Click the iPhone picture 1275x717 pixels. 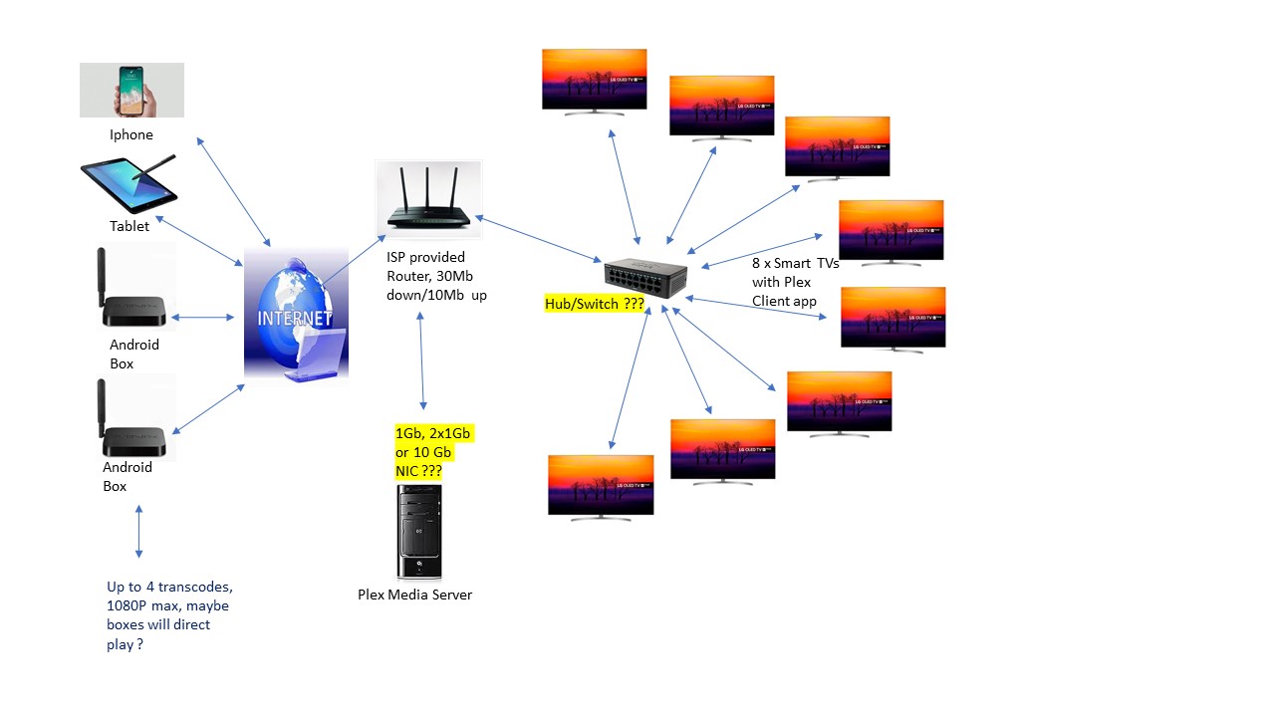tap(131, 90)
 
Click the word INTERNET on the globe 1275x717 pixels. tap(296, 320)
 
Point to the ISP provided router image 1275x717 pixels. tap(428, 200)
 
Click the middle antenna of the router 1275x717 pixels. tap(428, 189)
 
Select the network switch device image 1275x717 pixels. tap(645, 280)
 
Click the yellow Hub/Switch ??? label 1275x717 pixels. tap(595, 305)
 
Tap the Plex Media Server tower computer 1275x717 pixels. tap(419, 532)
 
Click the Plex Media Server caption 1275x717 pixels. tap(414, 595)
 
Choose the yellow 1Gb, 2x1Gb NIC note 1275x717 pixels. tap(432, 452)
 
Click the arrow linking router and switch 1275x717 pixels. tap(538, 240)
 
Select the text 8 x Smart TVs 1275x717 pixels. tap(796, 264)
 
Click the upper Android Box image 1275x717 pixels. tap(134, 291)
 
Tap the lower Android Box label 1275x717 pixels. tap(127, 476)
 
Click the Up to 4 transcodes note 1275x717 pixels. tap(169, 615)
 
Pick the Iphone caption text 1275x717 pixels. tap(131, 134)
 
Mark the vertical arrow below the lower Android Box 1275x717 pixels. tap(138, 532)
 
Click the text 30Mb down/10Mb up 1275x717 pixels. tap(436, 286)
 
